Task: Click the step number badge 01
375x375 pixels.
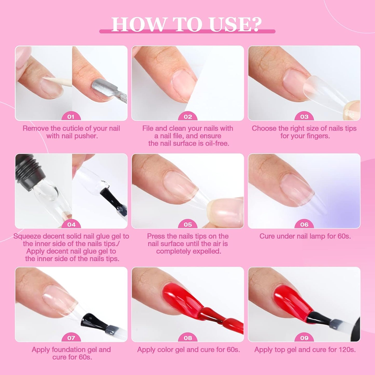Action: [71, 117]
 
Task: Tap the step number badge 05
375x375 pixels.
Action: [188, 225]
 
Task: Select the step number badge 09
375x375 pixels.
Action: [304, 338]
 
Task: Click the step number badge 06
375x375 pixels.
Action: [304, 225]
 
